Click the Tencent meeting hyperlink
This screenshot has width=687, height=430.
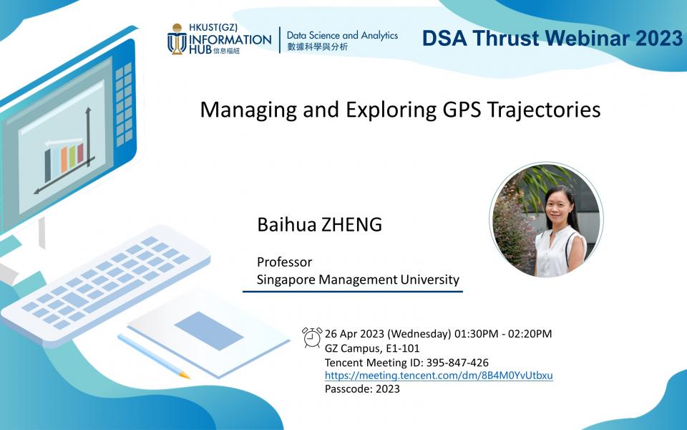pos(439,376)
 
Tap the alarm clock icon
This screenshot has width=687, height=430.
pos(312,338)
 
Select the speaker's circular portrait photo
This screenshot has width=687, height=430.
pos(546,220)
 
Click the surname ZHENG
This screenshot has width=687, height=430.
pos(352,224)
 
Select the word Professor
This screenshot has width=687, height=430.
pos(284,262)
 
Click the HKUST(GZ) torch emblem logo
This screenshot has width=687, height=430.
pos(177,39)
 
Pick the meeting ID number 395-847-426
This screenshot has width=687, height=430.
pos(457,363)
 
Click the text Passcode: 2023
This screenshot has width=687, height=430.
pos(362,388)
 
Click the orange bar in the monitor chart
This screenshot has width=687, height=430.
pos(64,160)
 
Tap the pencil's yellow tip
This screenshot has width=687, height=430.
pos(185,375)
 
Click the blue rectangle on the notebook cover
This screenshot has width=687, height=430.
pos(209,331)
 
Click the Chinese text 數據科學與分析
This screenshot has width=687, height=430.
pos(317,47)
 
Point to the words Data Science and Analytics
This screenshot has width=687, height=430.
pos(342,35)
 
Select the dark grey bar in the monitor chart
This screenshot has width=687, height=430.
pos(48,166)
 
